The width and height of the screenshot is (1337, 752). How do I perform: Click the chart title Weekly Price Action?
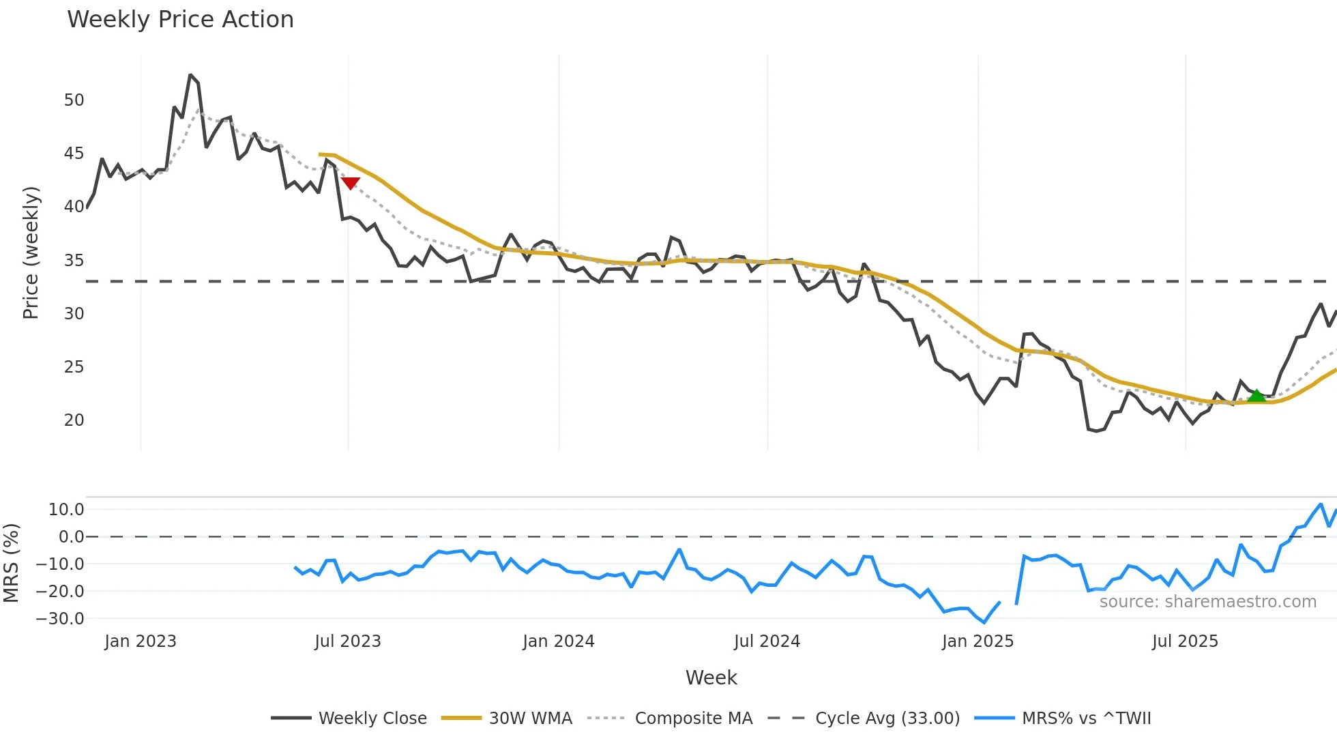pos(180,20)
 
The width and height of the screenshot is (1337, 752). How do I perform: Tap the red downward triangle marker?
pos(350,183)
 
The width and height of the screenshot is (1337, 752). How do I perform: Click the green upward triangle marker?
pos(1256,396)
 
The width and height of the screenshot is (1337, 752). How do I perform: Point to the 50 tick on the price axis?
pos(74,100)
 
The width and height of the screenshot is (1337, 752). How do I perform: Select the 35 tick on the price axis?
pos(74,261)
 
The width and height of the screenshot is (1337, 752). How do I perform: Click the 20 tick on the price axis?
pos(74,420)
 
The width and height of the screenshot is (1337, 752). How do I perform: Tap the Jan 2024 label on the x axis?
pos(558,641)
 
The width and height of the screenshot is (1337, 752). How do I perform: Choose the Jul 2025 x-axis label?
pos(1185,641)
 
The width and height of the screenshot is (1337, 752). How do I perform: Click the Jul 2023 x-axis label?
pos(347,641)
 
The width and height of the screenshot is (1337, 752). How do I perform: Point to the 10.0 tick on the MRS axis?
pos(66,510)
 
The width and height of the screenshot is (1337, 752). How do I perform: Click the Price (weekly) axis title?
pos(31,252)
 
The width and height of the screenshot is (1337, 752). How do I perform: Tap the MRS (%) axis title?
pos(11,563)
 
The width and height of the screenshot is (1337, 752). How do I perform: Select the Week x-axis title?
pos(711,678)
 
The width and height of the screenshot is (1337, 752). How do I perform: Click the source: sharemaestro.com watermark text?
pos(1207,602)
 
